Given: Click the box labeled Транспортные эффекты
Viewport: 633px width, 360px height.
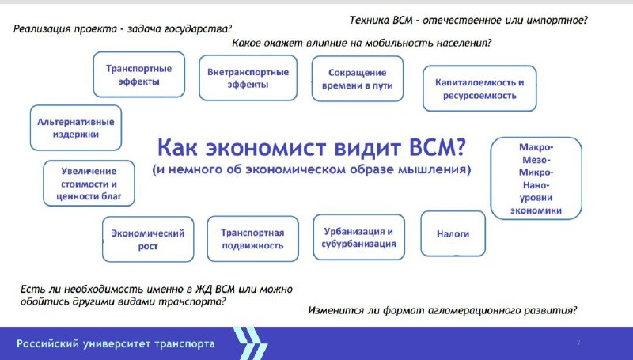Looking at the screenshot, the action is click(x=139, y=74).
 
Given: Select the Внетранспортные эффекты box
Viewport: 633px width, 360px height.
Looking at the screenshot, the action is click(x=248, y=78).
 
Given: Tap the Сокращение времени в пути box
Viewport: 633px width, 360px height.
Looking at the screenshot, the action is click(x=358, y=78).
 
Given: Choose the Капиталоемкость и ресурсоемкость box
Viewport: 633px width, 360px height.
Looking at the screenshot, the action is click(x=479, y=89).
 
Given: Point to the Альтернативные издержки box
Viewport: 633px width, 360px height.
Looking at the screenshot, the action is click(x=76, y=128).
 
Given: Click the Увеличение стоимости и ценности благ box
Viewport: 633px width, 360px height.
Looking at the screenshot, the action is click(x=89, y=184).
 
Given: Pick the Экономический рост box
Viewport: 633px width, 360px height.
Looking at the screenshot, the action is click(x=148, y=239).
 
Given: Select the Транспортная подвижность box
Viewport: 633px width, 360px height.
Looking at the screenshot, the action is click(x=252, y=239).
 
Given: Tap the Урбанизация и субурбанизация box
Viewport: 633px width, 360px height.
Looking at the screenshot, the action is click(x=359, y=237).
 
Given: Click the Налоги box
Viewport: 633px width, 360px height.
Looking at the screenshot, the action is click(x=453, y=233).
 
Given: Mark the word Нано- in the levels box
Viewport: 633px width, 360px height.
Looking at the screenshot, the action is click(x=536, y=185).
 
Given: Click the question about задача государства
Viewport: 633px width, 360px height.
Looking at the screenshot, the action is click(x=123, y=29).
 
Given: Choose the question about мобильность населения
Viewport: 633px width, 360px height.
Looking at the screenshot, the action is click(x=362, y=43).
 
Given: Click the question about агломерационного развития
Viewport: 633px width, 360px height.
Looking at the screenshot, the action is click(x=442, y=310).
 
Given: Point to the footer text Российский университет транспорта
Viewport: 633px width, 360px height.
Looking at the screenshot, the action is click(x=116, y=344).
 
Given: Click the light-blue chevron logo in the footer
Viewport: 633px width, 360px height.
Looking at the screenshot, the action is click(x=250, y=343).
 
